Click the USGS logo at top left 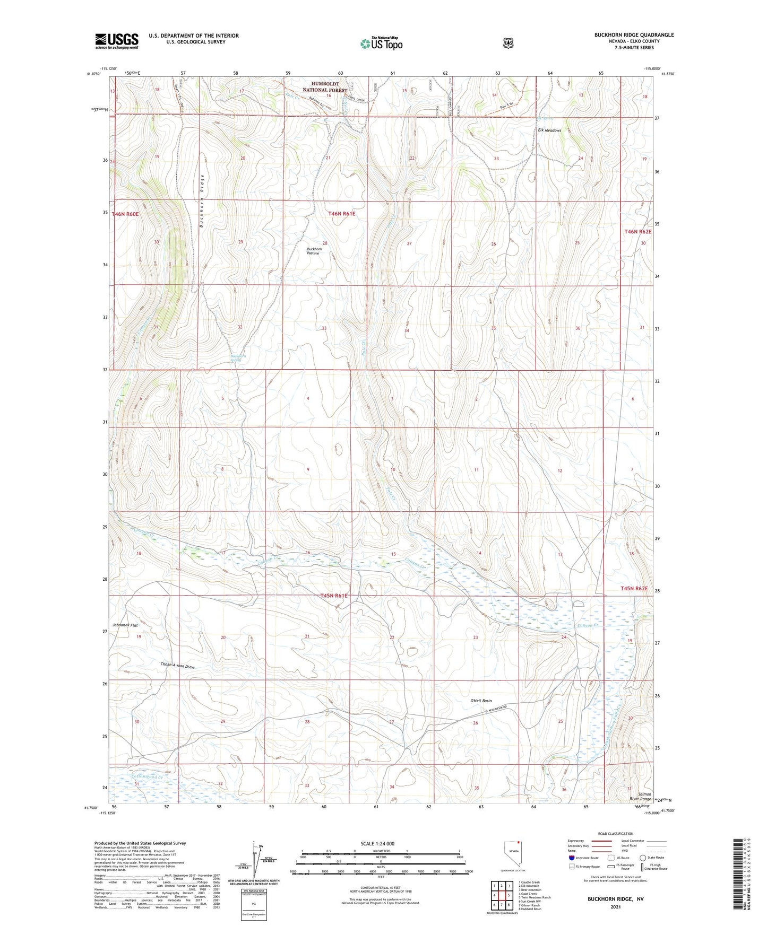pyautogui.click(x=117, y=41)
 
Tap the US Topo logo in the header pyautogui.click(x=381, y=43)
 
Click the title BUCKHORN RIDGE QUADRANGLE pyautogui.click(x=634, y=35)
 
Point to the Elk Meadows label pyautogui.click(x=549, y=130)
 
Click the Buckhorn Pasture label pyautogui.click(x=314, y=251)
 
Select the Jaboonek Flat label pyautogui.click(x=125, y=625)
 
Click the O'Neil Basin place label pyautogui.click(x=481, y=701)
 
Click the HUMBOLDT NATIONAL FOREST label pyautogui.click(x=325, y=87)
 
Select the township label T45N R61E pyautogui.click(x=334, y=596)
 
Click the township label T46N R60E pyautogui.click(x=125, y=214)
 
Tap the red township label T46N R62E pyautogui.click(x=637, y=232)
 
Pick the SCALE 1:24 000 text pyautogui.click(x=377, y=843)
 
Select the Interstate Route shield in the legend pyautogui.click(x=571, y=857)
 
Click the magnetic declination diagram pyautogui.click(x=257, y=859)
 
